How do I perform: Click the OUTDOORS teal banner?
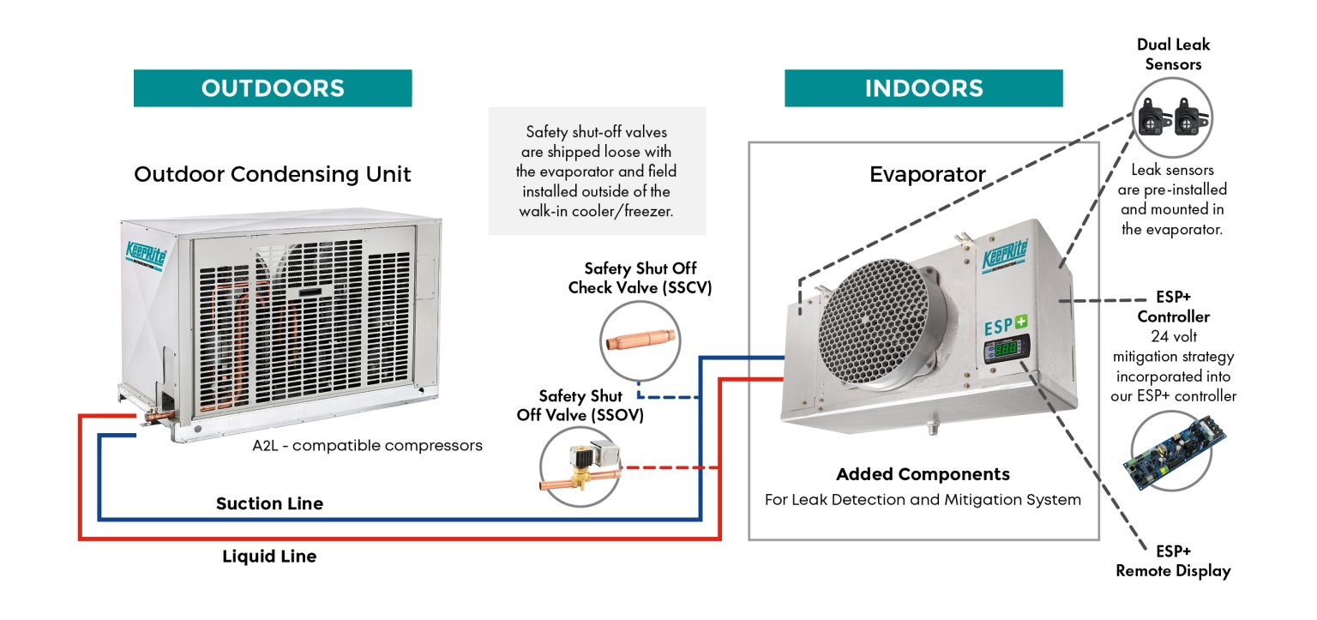click(x=273, y=88)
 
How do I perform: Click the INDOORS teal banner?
click(x=923, y=88)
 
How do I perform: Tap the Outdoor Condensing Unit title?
click(x=273, y=175)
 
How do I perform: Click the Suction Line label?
click(x=269, y=503)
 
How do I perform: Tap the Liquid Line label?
click(x=269, y=557)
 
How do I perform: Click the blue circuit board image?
click(x=1170, y=452)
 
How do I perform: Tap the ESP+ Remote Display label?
click(x=1173, y=561)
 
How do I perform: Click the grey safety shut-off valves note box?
click(x=597, y=171)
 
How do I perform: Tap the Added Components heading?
click(x=923, y=474)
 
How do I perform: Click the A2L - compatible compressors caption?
click(x=367, y=446)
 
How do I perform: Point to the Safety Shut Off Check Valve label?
click(x=640, y=279)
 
